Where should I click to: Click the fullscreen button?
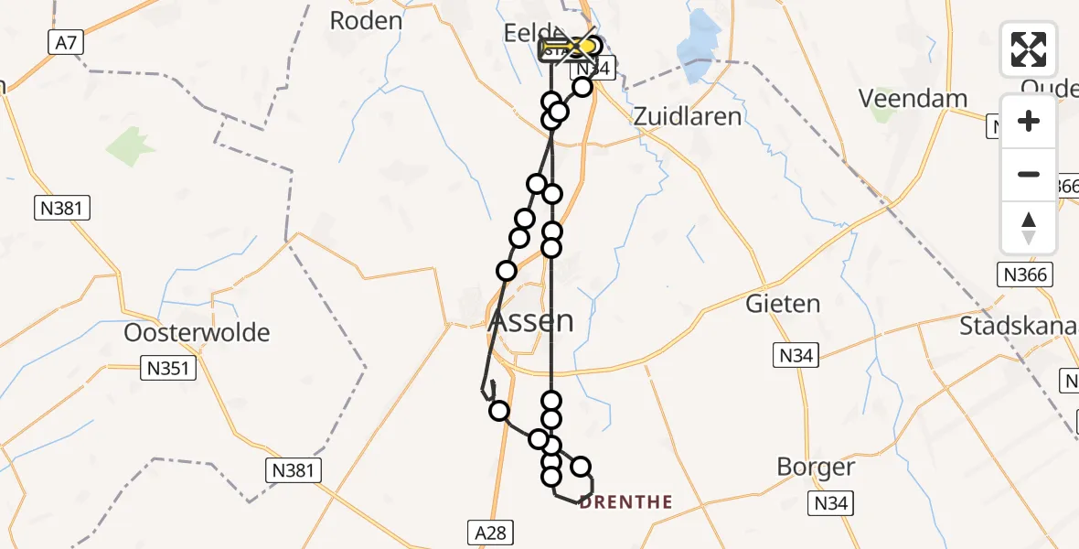1029,49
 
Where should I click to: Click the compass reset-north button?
1029,228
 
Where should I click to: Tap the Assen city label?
531,321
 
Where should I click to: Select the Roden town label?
366,21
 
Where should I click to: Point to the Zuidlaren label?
688,116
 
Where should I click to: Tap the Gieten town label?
783,304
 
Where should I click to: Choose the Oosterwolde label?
198,332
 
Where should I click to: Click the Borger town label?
816,468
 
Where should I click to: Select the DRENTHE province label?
626,502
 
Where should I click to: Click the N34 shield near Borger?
831,502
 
